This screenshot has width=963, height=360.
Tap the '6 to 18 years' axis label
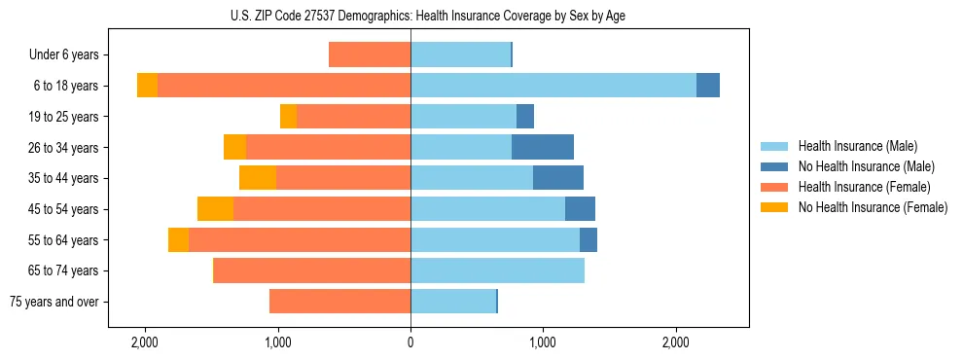(x=65, y=86)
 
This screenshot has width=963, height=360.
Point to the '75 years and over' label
(x=53, y=302)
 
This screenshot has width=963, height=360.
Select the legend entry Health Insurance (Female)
(x=864, y=187)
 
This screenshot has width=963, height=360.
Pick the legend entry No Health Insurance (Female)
(x=873, y=207)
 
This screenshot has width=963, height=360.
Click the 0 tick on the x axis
(x=410, y=342)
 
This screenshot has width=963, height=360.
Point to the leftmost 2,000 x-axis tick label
(x=145, y=342)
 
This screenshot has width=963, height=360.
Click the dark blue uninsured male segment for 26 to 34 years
(x=543, y=147)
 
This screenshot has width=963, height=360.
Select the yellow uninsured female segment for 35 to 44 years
(x=258, y=178)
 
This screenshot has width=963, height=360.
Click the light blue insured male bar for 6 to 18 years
(x=553, y=86)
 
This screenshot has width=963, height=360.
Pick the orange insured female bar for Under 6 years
(x=370, y=54)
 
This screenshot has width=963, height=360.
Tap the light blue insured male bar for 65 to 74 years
(x=497, y=270)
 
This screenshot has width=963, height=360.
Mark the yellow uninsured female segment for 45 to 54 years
(x=215, y=209)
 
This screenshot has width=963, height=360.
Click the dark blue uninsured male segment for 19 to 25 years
(x=525, y=117)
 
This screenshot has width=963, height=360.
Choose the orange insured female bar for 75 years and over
(x=339, y=302)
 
